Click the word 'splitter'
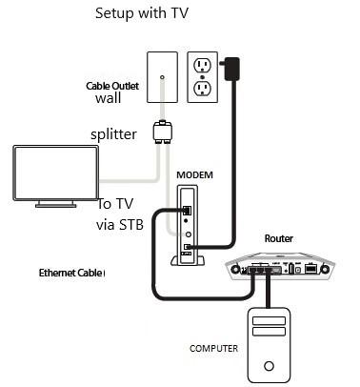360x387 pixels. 114,134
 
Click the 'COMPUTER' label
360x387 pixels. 212,348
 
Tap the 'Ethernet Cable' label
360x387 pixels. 71,273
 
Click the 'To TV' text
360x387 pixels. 119,205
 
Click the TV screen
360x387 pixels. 53,172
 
